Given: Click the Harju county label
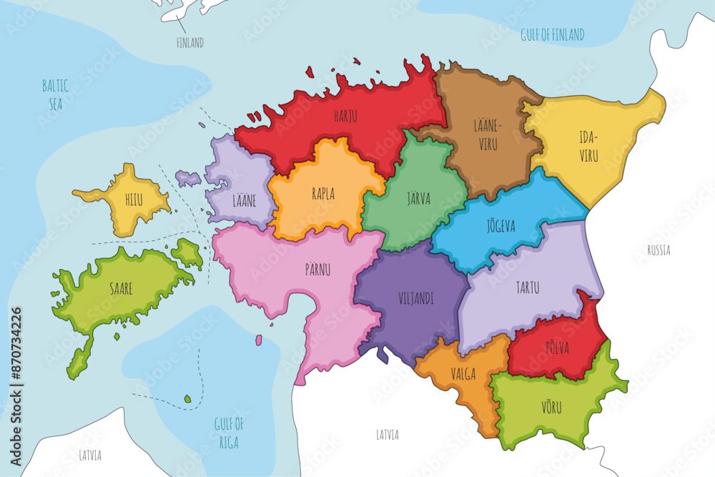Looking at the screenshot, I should [345, 114].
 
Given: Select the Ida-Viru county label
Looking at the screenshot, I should [588, 147].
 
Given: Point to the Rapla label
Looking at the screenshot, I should [322, 193].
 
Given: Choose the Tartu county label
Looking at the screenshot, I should [527, 288].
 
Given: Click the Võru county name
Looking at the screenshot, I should [551, 408].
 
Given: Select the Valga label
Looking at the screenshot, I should [463, 373].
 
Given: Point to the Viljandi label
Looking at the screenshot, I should [415, 299].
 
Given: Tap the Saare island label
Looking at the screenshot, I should [121, 288].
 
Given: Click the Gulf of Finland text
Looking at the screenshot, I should [553, 34].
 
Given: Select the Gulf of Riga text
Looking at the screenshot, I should [229, 433].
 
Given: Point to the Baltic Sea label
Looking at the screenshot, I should [55, 95].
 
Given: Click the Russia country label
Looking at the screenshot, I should [659, 250].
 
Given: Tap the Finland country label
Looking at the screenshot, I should [190, 43].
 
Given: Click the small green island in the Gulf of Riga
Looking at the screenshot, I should [187, 399].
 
